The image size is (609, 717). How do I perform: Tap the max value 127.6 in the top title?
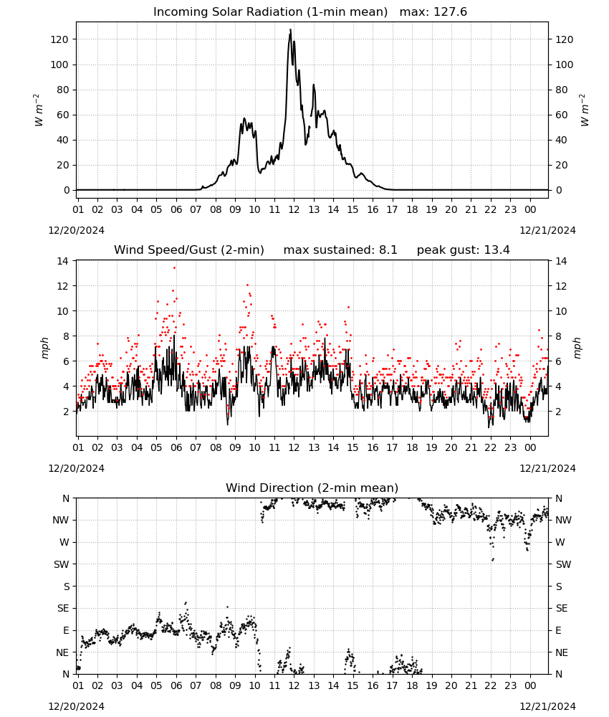[x=450, y=12]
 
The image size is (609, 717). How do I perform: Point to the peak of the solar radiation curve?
[x=290, y=29]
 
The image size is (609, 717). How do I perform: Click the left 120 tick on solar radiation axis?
[x=59, y=39]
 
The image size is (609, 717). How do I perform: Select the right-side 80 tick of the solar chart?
[x=562, y=90]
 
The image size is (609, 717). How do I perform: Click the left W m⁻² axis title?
[x=39, y=110]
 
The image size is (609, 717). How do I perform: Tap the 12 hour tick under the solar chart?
[x=294, y=209]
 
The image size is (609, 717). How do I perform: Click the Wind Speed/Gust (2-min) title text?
[x=188, y=250]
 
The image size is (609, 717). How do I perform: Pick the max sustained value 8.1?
[x=388, y=250]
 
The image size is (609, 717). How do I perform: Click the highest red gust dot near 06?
[x=174, y=268]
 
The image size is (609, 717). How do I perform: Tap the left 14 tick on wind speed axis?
[x=62, y=261]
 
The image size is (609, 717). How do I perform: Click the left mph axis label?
[x=44, y=348]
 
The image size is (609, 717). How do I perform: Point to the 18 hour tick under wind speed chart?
[x=412, y=447]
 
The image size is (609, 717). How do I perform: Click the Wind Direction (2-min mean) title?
[x=312, y=488]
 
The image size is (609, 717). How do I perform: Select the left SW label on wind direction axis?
[x=61, y=564]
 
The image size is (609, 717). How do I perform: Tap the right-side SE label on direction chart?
[x=562, y=608]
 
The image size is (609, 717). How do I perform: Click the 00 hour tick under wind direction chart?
[x=530, y=685]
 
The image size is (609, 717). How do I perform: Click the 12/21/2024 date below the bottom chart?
[x=547, y=706]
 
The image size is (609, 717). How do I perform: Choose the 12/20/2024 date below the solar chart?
[x=76, y=230]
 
